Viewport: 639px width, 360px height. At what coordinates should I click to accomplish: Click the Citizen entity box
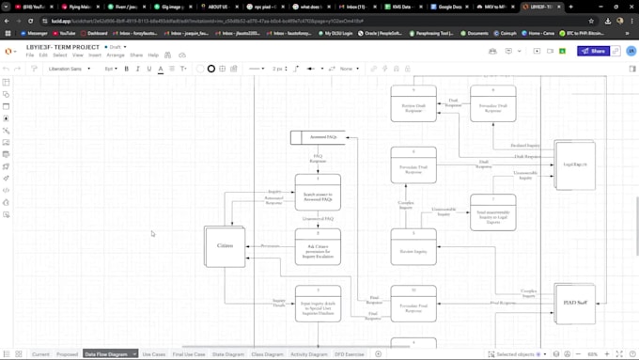pyautogui.click(x=225, y=246)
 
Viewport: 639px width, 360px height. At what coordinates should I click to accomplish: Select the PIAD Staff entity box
pyautogui.click(x=574, y=303)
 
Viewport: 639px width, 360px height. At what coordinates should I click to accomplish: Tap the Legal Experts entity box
pyautogui.click(x=574, y=164)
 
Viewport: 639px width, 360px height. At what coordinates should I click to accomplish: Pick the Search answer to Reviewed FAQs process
pyautogui.click(x=318, y=192)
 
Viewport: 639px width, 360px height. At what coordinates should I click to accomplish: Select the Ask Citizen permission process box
pyautogui.click(x=318, y=247)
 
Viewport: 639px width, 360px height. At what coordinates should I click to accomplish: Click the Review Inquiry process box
pyautogui.click(x=413, y=247)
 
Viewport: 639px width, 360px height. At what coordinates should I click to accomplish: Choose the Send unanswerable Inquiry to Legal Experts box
pyautogui.click(x=492, y=212)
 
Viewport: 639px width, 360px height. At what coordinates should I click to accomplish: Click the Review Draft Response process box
pyautogui.click(x=413, y=103)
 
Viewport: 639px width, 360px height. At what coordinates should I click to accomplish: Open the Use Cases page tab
pyautogui.click(x=153, y=354)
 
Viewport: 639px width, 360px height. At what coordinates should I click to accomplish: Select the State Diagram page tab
pyautogui.click(x=228, y=354)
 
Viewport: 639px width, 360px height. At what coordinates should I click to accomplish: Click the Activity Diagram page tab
pyautogui.click(x=309, y=354)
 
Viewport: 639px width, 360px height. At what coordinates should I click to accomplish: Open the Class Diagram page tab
pyautogui.click(x=267, y=354)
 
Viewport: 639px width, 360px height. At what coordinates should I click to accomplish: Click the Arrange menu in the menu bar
pyautogui.click(x=116, y=55)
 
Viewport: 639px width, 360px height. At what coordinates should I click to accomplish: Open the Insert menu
pyautogui.click(x=95, y=55)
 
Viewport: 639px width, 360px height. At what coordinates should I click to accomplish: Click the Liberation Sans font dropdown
pyautogui.click(x=70, y=69)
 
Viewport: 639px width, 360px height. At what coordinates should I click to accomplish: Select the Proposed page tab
pyautogui.click(x=67, y=354)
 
